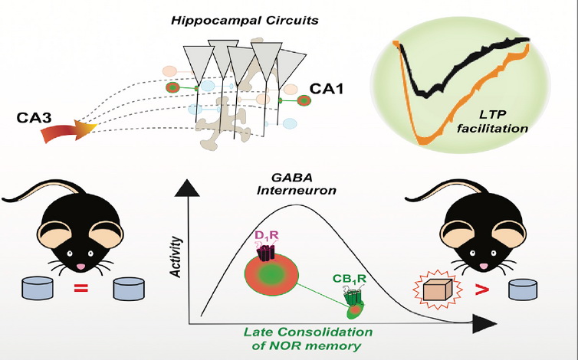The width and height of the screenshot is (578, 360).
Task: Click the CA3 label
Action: [34, 117]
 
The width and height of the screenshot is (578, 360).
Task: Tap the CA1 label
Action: [327, 89]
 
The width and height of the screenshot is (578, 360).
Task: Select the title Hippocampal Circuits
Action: [245, 20]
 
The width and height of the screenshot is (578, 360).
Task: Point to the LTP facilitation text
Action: [492, 121]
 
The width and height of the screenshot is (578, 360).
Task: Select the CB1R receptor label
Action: [350, 279]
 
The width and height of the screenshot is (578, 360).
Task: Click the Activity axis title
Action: [176, 257]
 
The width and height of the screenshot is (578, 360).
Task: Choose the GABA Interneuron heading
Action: [297, 184]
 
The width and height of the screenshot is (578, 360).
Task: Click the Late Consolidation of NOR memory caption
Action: [308, 339]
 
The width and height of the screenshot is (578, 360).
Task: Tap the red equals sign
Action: [81, 288]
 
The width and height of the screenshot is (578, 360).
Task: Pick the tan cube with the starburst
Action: [438, 290]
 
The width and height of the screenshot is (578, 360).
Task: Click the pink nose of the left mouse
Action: [80, 267]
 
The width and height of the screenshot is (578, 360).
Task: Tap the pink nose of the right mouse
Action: [483, 267]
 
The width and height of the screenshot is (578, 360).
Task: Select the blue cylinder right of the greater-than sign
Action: [523, 290]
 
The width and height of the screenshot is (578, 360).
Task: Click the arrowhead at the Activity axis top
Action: [187, 188]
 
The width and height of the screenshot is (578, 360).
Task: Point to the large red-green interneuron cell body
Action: [271, 274]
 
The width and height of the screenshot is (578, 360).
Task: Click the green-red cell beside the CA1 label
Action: [304, 100]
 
